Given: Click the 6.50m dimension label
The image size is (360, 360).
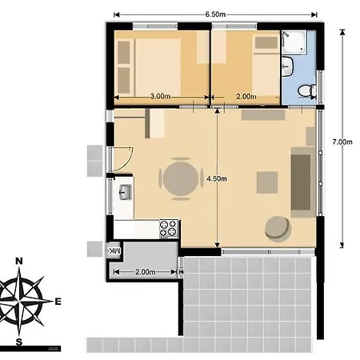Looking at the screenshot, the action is tap(215, 14).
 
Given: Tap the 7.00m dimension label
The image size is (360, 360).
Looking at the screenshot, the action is tap(342, 142).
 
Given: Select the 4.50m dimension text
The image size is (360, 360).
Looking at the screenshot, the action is tap(217, 178).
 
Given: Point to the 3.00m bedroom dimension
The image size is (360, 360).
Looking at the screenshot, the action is tap(160, 96).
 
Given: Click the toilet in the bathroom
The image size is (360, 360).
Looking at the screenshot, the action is tap(306, 90).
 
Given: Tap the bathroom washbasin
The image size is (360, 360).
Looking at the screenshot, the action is tap(287, 66).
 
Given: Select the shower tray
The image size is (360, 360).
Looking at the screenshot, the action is tap(294, 42).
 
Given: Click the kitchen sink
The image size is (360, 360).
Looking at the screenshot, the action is tap(126, 192).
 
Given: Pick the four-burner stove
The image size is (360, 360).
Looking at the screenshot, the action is tap(169, 229).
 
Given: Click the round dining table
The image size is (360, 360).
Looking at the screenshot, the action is tap(181, 178).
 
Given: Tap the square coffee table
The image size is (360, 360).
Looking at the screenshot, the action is tap(267, 182).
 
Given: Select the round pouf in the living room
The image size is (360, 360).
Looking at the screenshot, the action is tap(278, 229).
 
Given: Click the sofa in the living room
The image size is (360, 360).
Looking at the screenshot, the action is tap(302, 182).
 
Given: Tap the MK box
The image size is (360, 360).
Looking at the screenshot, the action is tap(114, 250).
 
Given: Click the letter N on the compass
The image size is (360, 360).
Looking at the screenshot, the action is tap(19, 261).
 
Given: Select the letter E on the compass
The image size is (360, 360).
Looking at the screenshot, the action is tap(58, 302).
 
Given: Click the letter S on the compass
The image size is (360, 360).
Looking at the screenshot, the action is tap(18, 342).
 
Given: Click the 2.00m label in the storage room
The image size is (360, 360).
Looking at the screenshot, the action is tap(146, 272).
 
